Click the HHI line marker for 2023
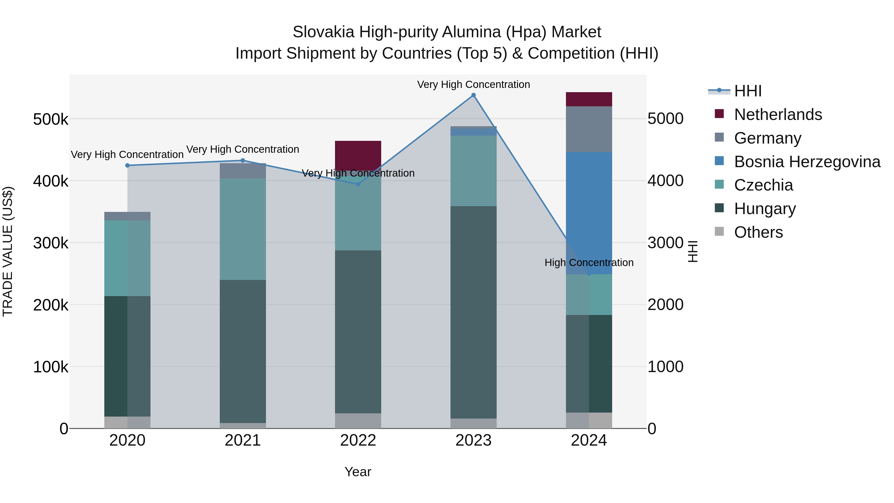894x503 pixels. coord(473,95)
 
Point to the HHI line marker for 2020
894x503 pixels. coord(127,166)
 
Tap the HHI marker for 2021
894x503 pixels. coord(243,160)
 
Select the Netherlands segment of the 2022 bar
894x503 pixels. coord(358,155)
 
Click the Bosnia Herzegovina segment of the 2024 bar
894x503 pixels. coord(589,213)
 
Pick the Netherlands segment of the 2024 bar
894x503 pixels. coord(589,99)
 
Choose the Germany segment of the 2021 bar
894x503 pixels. coord(243,171)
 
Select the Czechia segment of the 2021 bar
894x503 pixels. coord(243,229)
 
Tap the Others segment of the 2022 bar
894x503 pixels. coord(358,421)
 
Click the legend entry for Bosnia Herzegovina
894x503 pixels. coord(807,162)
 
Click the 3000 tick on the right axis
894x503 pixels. coord(665,243)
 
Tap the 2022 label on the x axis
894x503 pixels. coord(358,440)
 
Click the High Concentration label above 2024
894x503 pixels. coord(589,263)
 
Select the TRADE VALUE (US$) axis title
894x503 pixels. coord(8,251)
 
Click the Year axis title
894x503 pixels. coord(358,472)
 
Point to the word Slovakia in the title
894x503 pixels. coord(323,32)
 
